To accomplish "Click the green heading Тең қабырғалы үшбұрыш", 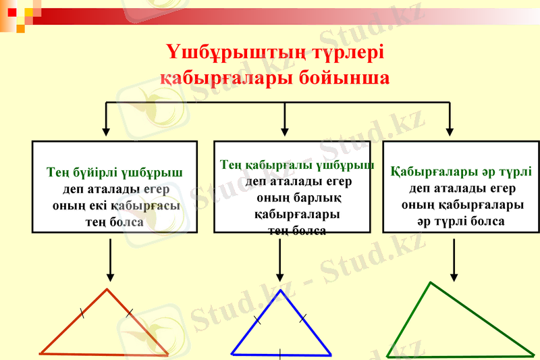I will (x=297, y=165).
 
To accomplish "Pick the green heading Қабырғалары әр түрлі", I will (x=462, y=172).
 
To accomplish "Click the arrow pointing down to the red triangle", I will (x=110, y=260).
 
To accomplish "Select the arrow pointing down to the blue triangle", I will (x=280, y=260).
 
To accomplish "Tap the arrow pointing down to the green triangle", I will (x=454, y=260).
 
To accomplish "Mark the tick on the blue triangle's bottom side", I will (x=280, y=353).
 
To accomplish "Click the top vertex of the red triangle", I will (x=107, y=290).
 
